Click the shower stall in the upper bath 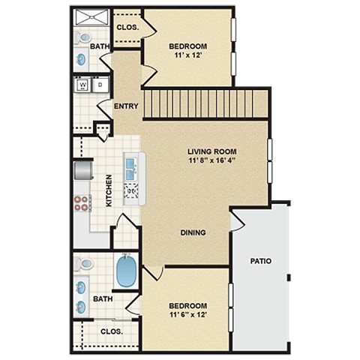91,17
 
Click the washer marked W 82,85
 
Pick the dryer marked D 100,85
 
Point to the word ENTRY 125,106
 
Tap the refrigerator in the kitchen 81,170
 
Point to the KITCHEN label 109,190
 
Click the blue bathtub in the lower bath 125,271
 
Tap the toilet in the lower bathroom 85,265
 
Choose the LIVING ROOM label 211,151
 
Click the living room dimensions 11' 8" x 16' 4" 211,160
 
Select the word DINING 193,232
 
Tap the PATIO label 260,261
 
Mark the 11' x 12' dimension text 187,55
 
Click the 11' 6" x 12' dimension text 187,315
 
